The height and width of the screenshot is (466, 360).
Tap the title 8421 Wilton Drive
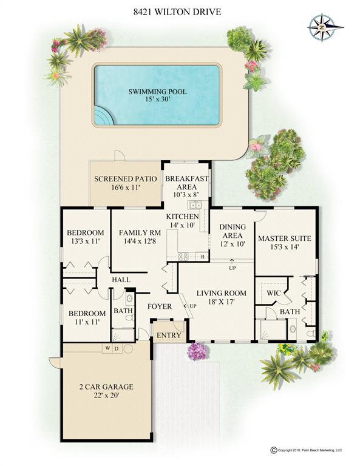click(177, 12)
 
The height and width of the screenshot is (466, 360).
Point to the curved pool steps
click(104, 116)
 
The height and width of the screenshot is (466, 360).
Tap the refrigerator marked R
click(203, 257)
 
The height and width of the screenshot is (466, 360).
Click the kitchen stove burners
click(183, 257)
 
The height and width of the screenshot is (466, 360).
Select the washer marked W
click(107, 348)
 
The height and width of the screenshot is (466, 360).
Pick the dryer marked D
click(117, 348)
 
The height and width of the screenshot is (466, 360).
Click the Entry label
click(169, 335)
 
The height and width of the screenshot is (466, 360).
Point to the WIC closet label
click(274, 293)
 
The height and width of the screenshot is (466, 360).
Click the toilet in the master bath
click(310, 334)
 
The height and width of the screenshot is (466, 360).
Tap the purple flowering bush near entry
click(197, 351)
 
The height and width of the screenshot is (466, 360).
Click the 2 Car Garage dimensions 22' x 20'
click(106, 396)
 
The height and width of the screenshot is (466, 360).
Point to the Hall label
click(121, 280)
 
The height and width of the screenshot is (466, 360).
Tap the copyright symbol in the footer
click(274, 450)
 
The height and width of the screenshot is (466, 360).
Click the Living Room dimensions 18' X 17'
click(222, 302)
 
